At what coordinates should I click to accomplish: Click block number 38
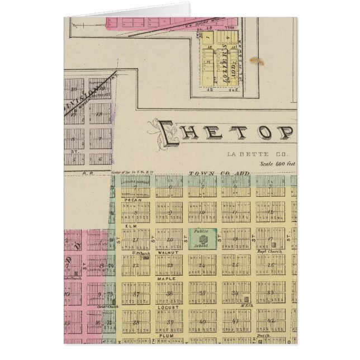136,322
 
